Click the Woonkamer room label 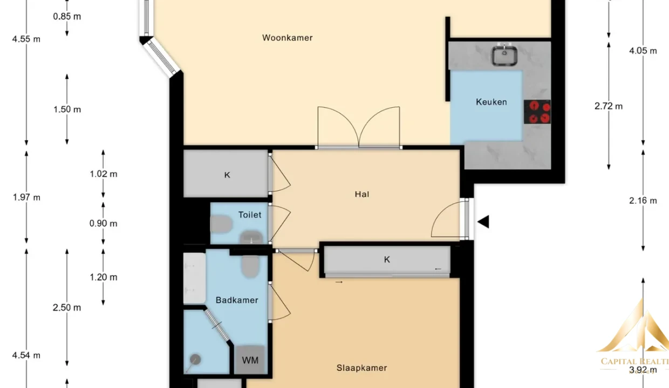pos(288,38)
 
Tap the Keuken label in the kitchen pos(491,102)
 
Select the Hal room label pos(362,195)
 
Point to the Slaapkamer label pos(361,368)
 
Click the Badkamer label pos(237,300)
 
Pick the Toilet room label pos(250,214)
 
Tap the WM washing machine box pos(250,360)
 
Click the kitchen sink pos(504,55)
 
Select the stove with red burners pos(537,112)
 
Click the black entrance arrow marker pos(483,222)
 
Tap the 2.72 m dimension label pos(609,106)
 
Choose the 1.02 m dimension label pos(104,174)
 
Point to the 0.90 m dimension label pos(104,224)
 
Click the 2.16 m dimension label pos(643,200)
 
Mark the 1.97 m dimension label pos(26,197)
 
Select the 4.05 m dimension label pos(643,51)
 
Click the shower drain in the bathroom pos(195,359)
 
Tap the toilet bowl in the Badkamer pos(250,266)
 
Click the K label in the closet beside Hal pos(227,175)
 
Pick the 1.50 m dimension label pos(67,109)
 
